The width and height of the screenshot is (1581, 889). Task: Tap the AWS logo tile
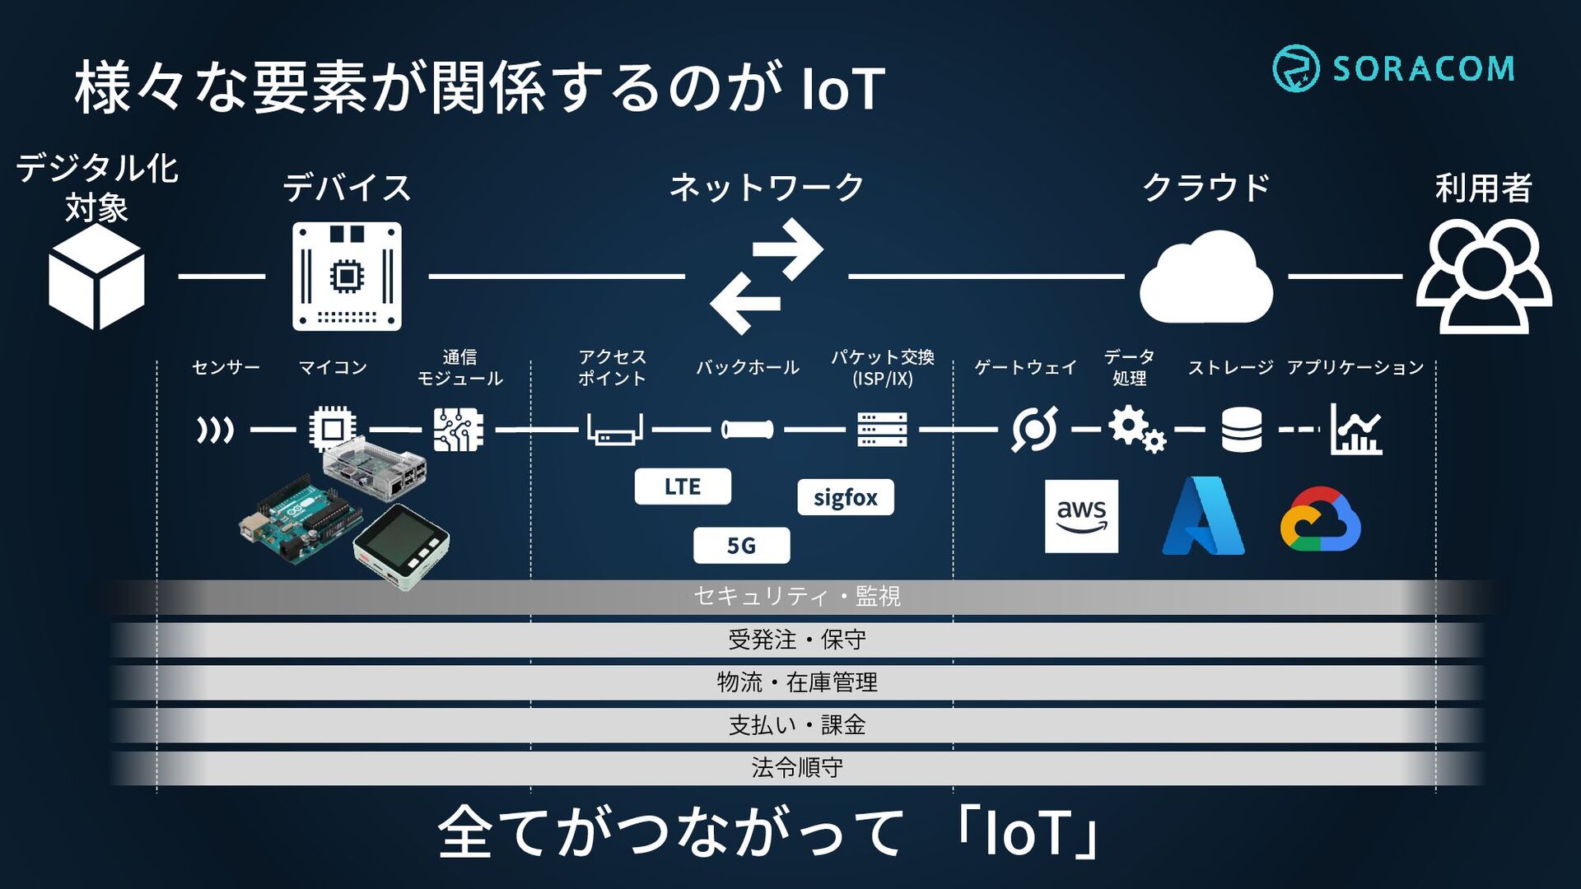[1081, 516]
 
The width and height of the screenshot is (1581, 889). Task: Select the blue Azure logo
[1203, 516]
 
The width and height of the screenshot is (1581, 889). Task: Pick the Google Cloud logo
[1320, 519]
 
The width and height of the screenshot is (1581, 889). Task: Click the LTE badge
[683, 486]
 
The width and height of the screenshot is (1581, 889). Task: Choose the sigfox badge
[846, 497]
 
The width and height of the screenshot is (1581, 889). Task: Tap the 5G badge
[741, 546]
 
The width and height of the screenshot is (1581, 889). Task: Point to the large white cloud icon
[1206, 277]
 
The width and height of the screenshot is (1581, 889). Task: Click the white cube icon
[96, 277]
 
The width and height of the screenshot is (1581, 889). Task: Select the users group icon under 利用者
[1484, 277]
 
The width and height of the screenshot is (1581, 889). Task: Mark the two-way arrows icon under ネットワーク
[767, 277]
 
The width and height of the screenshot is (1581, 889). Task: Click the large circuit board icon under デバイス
[347, 277]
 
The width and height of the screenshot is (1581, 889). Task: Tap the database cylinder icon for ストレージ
[1242, 430]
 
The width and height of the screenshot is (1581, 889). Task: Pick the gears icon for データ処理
[1136, 430]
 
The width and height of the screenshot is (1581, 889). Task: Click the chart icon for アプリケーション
[1356, 430]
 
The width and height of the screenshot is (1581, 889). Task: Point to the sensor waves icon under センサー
[215, 430]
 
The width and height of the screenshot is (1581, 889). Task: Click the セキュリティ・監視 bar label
[797, 596]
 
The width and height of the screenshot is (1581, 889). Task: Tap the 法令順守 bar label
[797, 768]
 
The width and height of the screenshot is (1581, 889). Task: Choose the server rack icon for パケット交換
[882, 430]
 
